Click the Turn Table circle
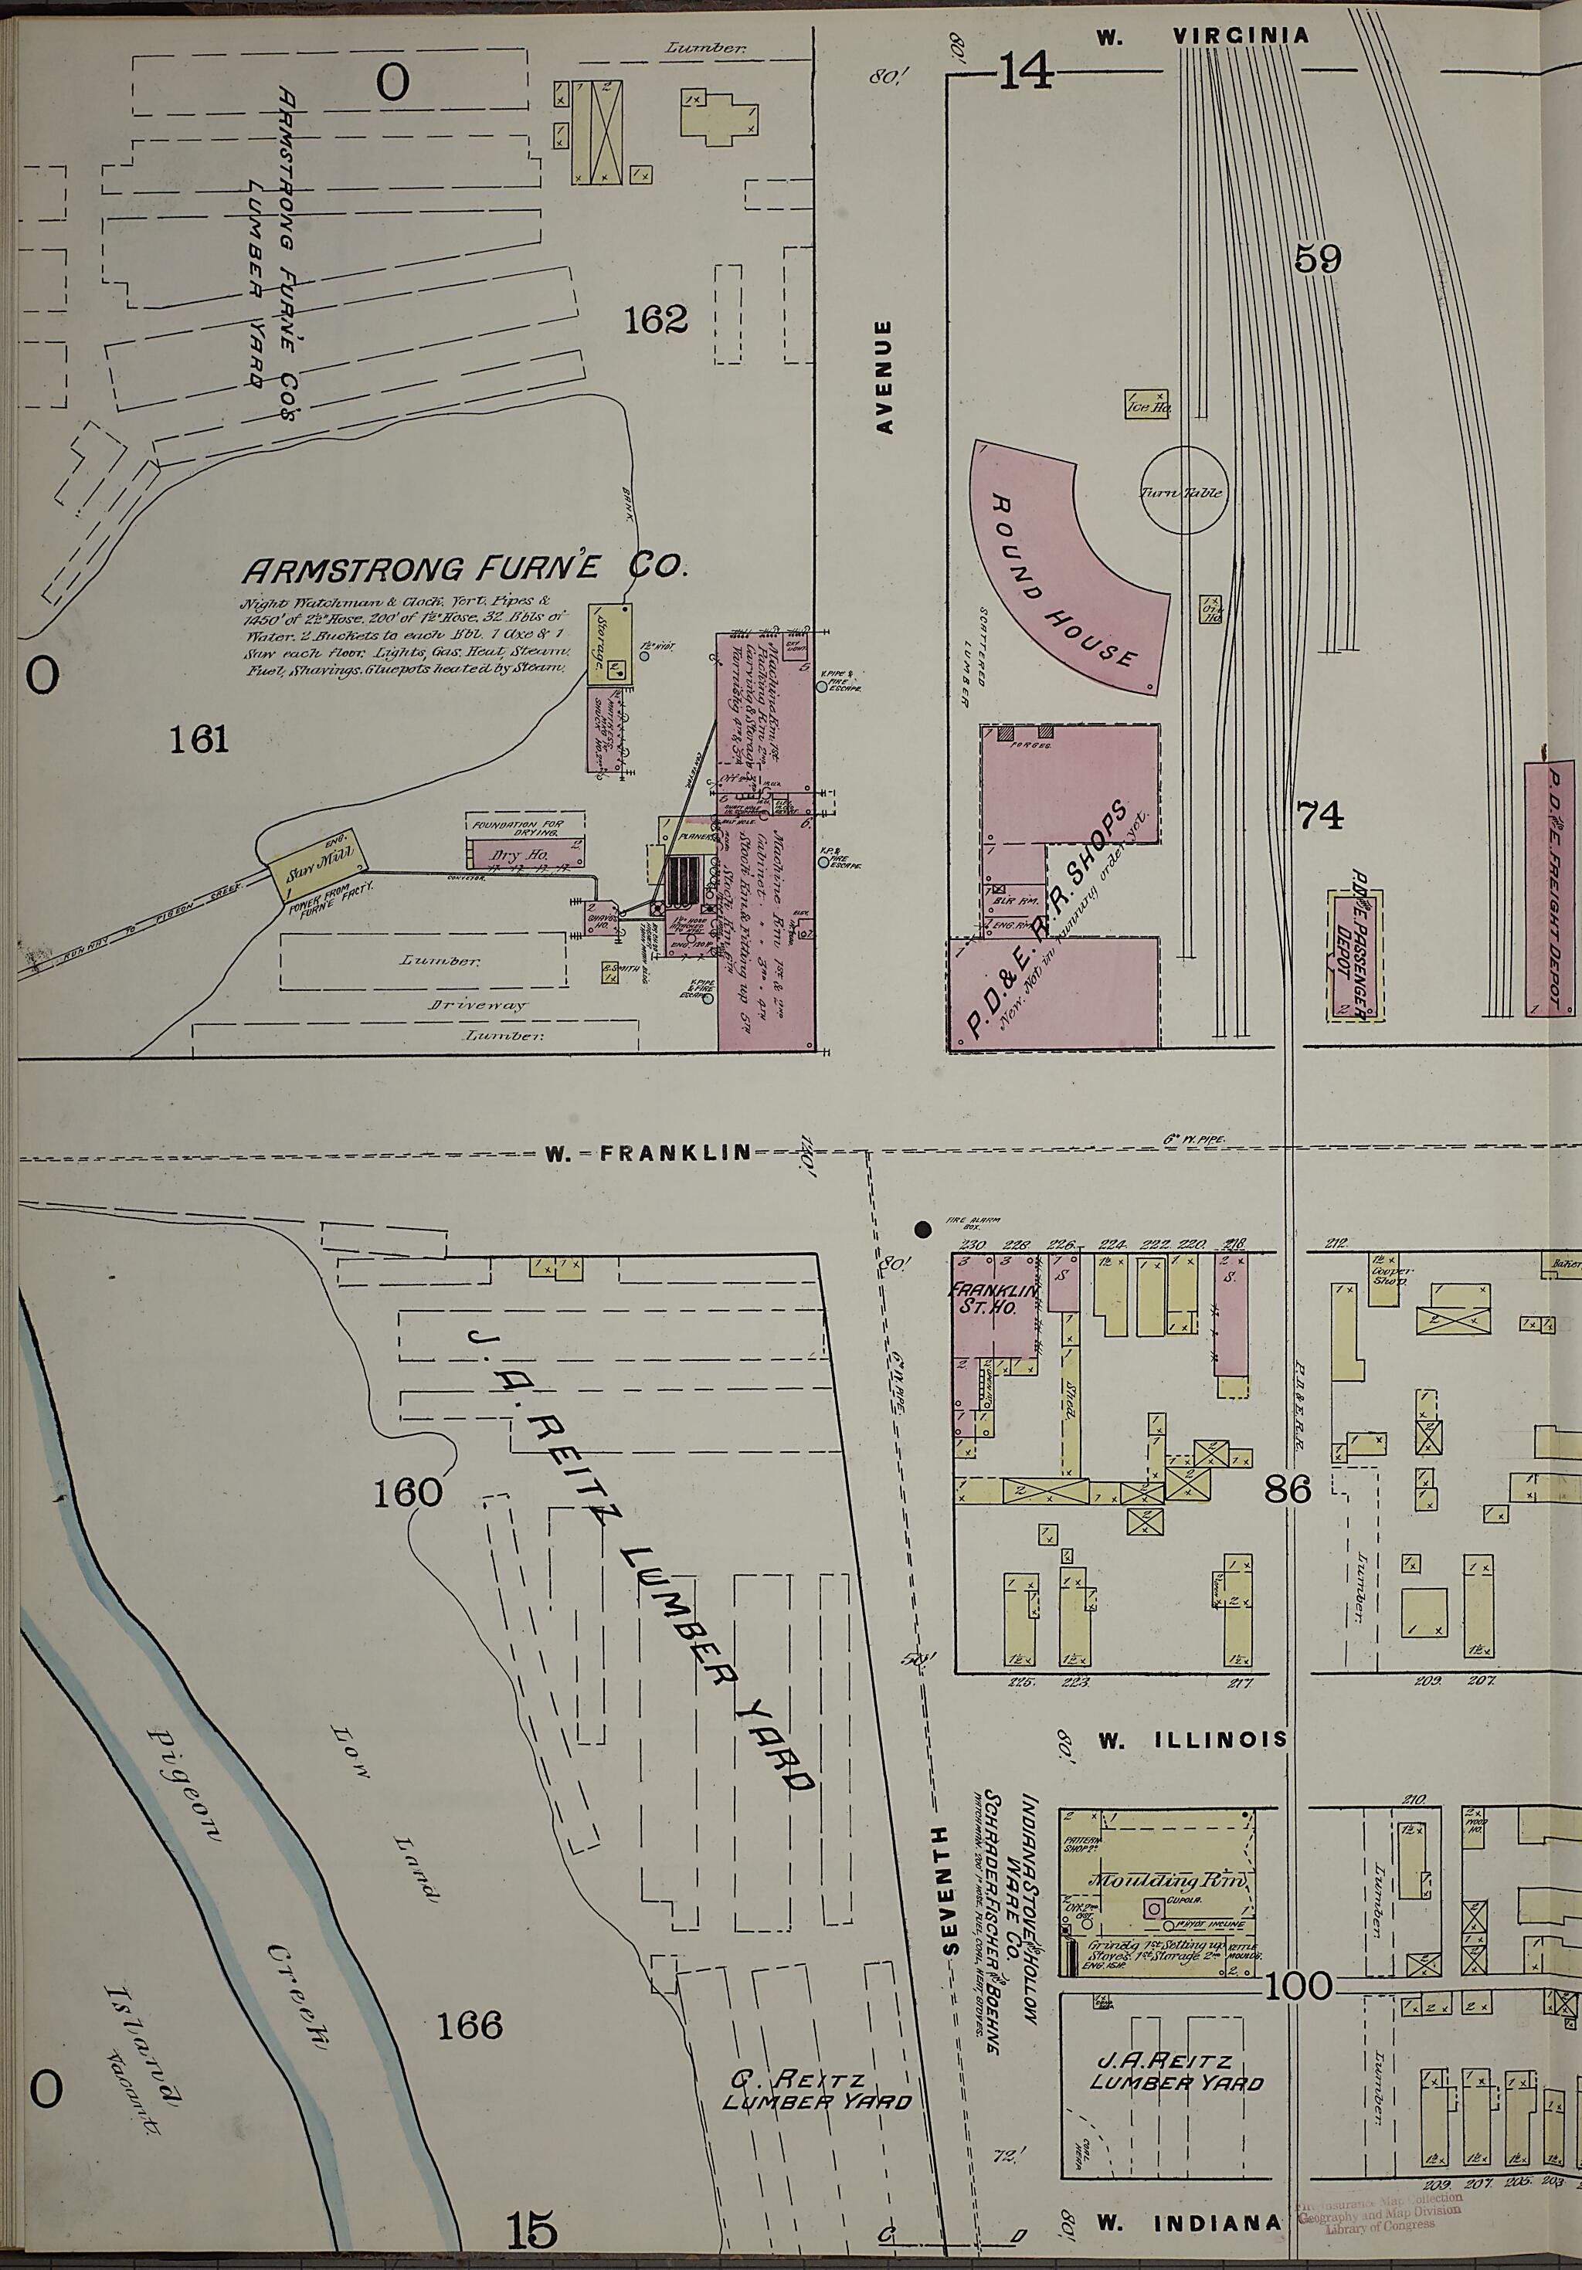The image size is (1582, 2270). pyautogui.click(x=1184, y=491)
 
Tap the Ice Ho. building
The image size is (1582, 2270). pyautogui.click(x=1148, y=403)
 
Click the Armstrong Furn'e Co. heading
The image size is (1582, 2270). pyautogui.click(x=465, y=568)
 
